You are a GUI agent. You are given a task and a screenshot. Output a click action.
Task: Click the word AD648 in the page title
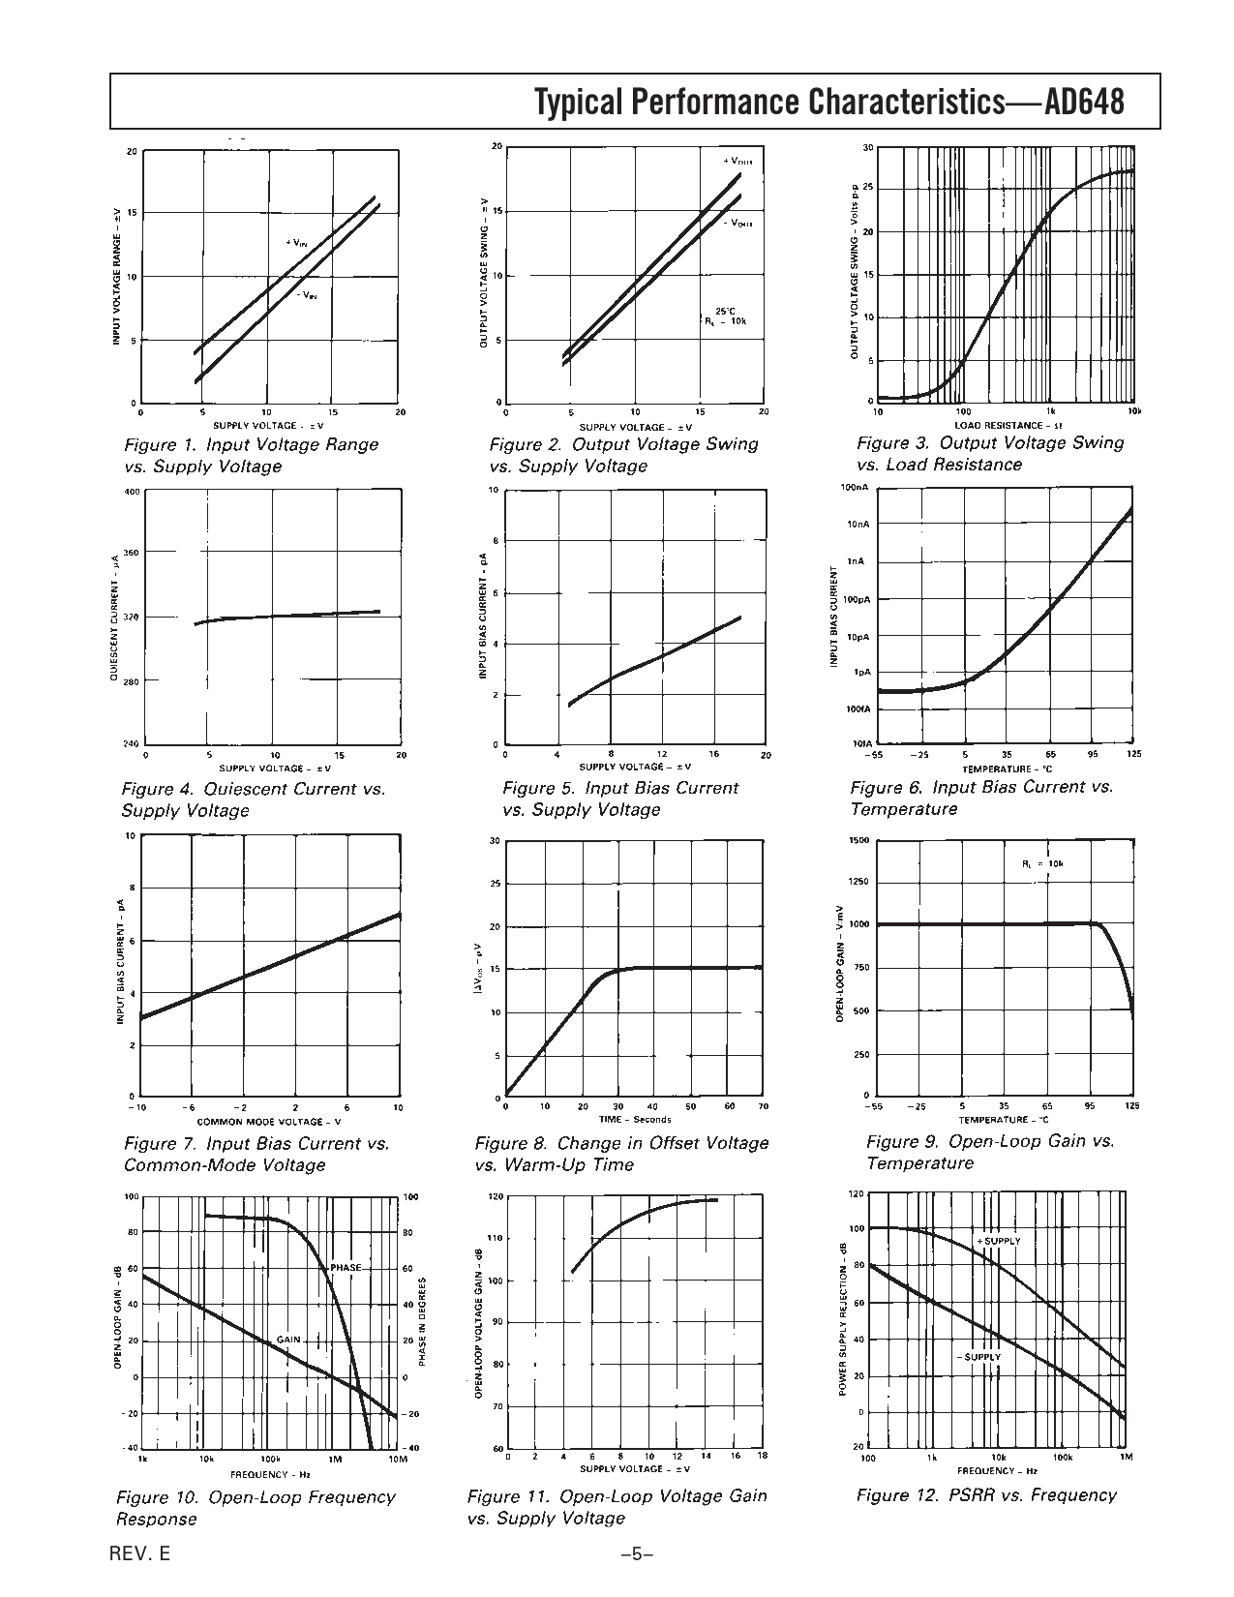(x=1085, y=102)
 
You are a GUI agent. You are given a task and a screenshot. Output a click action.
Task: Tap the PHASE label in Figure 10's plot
(x=346, y=1268)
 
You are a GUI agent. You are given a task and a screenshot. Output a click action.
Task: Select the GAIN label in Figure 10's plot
(x=288, y=1340)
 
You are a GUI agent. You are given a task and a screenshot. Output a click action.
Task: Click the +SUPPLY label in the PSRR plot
(x=999, y=1241)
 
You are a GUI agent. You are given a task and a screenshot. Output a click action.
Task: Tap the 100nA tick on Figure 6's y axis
(x=857, y=489)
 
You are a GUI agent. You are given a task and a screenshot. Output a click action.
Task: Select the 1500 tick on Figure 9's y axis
(x=858, y=840)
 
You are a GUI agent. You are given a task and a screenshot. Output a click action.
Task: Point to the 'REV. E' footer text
(x=139, y=1554)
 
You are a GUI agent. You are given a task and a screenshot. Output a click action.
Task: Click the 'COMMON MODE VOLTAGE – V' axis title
(x=270, y=1121)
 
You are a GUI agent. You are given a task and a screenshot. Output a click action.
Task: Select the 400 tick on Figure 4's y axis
(x=133, y=492)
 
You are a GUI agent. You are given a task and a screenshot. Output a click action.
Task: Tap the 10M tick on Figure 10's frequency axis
(x=397, y=1458)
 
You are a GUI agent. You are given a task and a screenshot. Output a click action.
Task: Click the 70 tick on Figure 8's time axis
(x=763, y=1106)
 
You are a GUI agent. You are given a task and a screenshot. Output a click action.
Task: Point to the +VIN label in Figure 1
(x=295, y=242)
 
